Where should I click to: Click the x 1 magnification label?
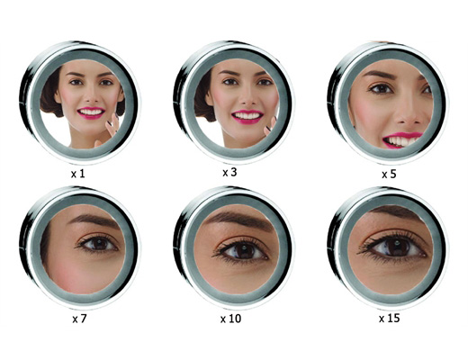click(78, 174)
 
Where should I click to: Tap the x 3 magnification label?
click(229, 172)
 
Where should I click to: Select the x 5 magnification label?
click(389, 174)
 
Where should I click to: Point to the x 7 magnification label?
click(79, 319)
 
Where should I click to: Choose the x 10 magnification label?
click(230, 319)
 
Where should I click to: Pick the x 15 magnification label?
click(389, 318)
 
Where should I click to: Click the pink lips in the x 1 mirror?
click(91, 112)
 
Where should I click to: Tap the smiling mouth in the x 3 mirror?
click(247, 117)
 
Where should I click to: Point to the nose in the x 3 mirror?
click(247, 97)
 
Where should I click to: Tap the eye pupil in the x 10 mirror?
click(243, 251)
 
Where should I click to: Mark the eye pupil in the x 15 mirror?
click(397, 247)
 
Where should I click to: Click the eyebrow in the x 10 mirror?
click(238, 218)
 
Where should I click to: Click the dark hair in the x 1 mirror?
click(50, 93)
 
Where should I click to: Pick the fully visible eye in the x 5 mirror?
click(381, 88)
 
